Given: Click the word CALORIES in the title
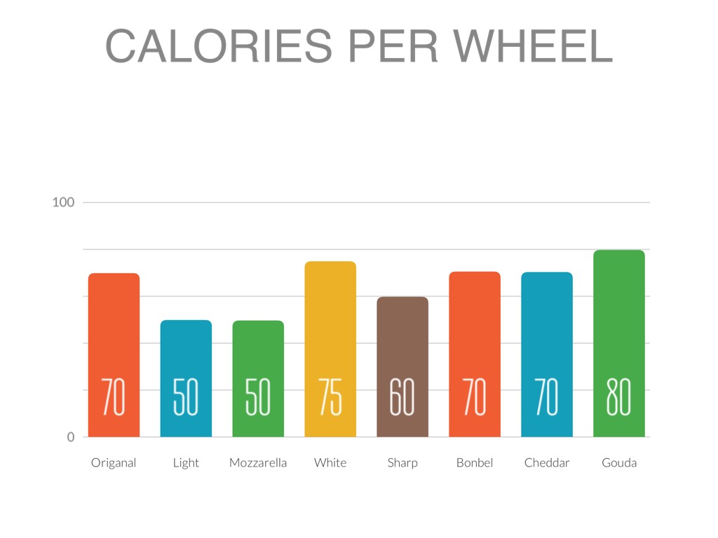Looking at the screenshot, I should point(218,46).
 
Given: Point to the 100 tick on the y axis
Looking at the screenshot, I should point(63,202).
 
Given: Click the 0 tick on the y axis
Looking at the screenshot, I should point(70,437).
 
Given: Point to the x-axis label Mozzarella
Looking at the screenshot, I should point(258,463).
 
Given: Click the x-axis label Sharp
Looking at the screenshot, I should point(402,463).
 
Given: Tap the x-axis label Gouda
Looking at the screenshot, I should point(619,463).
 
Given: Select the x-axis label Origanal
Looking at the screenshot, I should point(114,463).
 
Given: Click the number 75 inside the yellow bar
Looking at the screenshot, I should point(330,396).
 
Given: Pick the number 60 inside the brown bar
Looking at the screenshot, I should point(402,396).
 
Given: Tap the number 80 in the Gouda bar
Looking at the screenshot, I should point(619,396).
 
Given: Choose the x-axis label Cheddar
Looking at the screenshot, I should point(547,463).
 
